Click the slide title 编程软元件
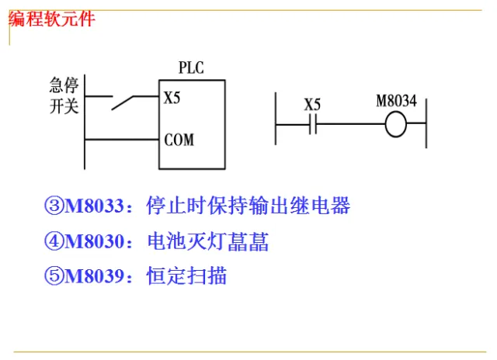pyautogui.click(x=51, y=19)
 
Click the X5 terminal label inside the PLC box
pyautogui.click(x=172, y=99)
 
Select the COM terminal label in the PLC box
pyautogui.click(x=179, y=140)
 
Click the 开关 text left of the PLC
pyautogui.click(x=65, y=106)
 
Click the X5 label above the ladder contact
pyautogui.click(x=312, y=104)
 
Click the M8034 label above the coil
pyautogui.click(x=396, y=102)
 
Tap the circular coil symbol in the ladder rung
pyautogui.click(x=396, y=124)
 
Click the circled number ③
pyautogui.click(x=54, y=206)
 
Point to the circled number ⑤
pyautogui.click(x=54, y=276)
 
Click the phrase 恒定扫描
pyautogui.click(x=186, y=276)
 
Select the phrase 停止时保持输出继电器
pyautogui.click(x=248, y=206)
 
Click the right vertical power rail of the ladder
pyautogui.click(x=426, y=120)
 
